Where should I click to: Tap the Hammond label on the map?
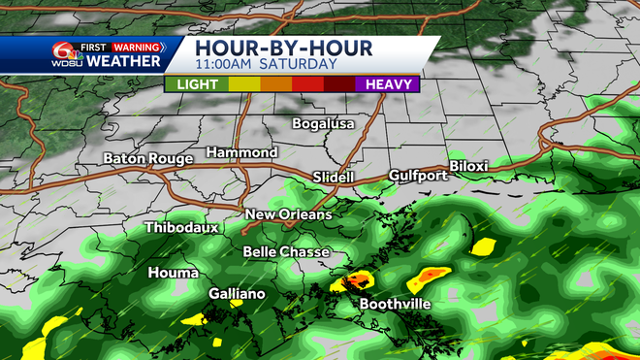coord(241,153)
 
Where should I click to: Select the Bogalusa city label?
coord(325,124)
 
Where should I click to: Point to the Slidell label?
coord(335,178)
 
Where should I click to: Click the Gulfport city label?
coord(416,176)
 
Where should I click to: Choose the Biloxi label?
coord(467,167)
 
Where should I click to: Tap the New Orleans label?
coord(288,214)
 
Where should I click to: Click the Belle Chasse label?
coord(286,252)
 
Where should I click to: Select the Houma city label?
coord(174,273)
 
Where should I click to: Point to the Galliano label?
coord(238,293)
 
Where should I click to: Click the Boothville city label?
coord(396,304)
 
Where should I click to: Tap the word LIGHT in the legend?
coord(196,84)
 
